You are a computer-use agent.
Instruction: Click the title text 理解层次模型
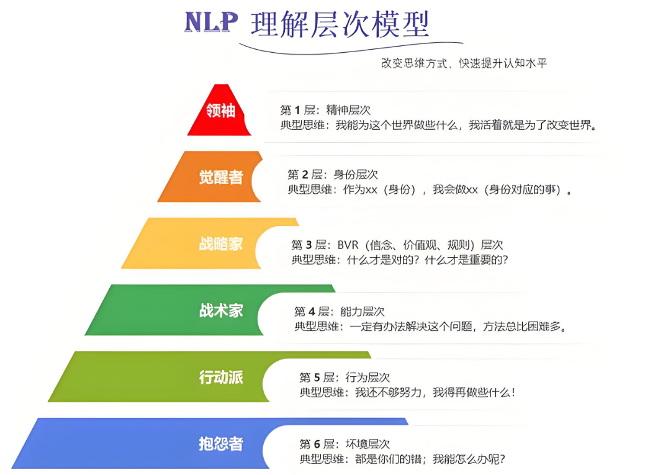tap(340, 25)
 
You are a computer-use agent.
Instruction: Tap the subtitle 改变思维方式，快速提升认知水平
tap(464, 63)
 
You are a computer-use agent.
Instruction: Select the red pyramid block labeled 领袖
tap(220, 111)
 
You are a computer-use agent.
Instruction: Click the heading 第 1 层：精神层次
tap(325, 111)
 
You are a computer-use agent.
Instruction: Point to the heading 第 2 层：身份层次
tap(332, 175)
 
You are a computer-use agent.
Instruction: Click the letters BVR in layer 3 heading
tap(348, 245)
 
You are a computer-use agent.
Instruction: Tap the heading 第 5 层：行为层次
tap(345, 378)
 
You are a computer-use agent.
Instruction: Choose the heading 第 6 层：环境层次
tap(345, 444)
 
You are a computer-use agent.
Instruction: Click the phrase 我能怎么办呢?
tap(469, 459)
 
